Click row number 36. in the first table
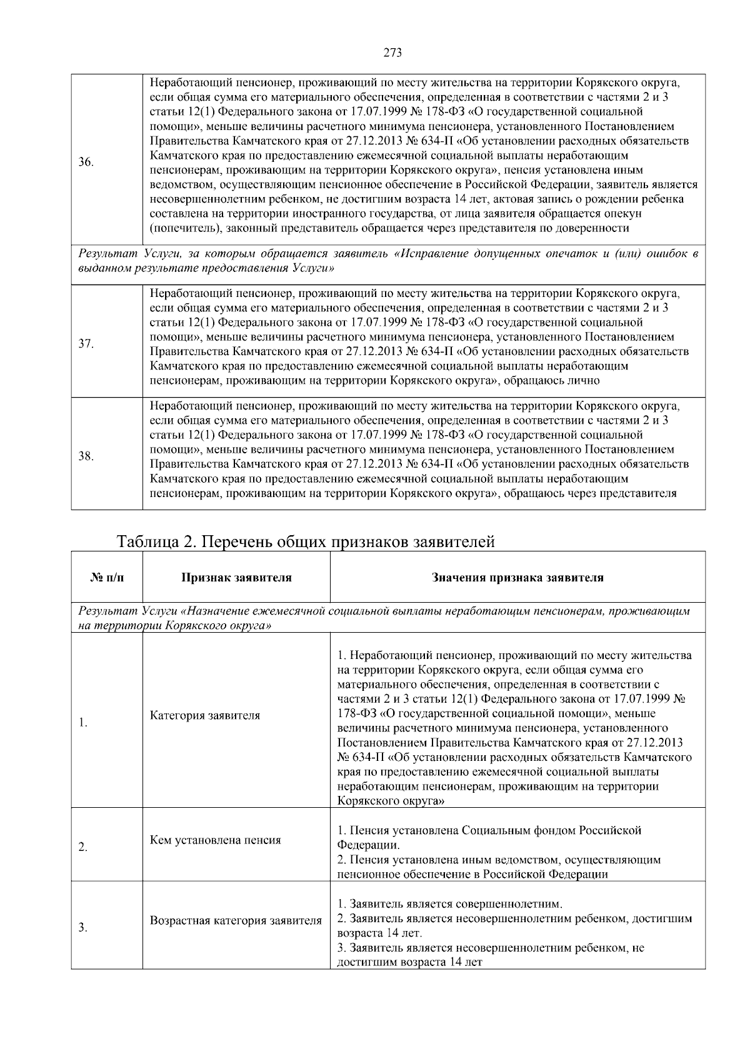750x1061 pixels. [86, 163]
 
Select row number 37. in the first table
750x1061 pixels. [86, 344]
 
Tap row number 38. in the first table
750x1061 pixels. [86, 456]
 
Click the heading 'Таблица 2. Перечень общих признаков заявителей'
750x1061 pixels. [306, 541]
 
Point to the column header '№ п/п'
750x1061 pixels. [107, 578]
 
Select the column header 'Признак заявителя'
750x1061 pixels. [236, 578]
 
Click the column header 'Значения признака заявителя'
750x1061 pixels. [517, 578]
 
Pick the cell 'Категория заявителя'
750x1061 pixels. [205, 715]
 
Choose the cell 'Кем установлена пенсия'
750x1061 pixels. [216, 840]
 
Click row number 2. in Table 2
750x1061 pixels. [82, 848]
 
